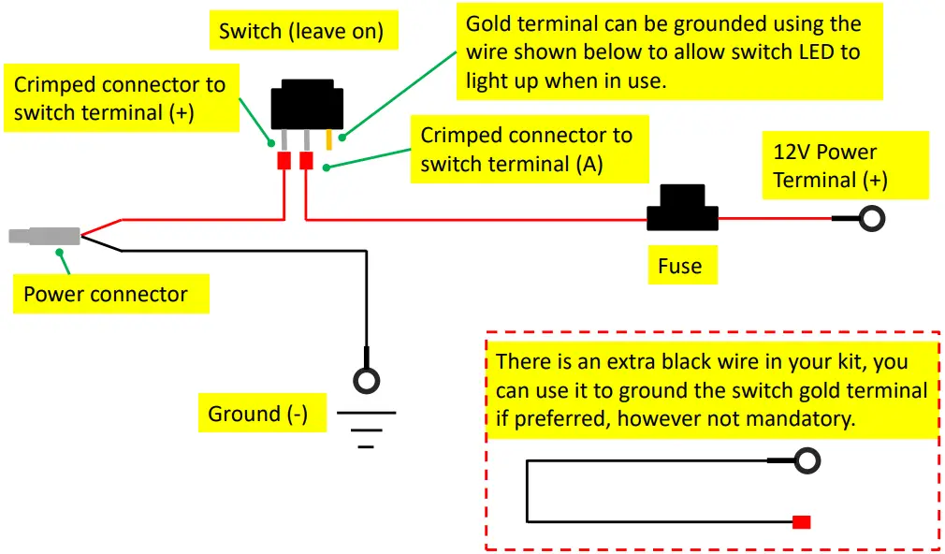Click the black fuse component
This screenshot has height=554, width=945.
[682, 209]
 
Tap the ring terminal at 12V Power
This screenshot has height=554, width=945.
[872, 219]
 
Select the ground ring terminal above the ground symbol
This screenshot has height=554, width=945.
[366, 381]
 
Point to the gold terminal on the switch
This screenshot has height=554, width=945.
[329, 139]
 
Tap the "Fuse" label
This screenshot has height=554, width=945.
[680, 266]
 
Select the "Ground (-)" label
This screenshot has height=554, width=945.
[258, 414]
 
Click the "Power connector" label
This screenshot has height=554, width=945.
[106, 294]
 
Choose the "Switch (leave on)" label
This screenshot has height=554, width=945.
[301, 31]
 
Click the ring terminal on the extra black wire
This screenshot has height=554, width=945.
[807, 460]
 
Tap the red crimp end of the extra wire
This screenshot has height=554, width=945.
[801, 522]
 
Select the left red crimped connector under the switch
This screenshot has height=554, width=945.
[283, 161]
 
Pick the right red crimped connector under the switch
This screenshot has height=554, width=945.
[306, 161]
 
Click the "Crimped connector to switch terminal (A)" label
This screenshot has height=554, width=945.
[527, 150]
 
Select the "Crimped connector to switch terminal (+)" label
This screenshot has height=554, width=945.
[120, 98]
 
